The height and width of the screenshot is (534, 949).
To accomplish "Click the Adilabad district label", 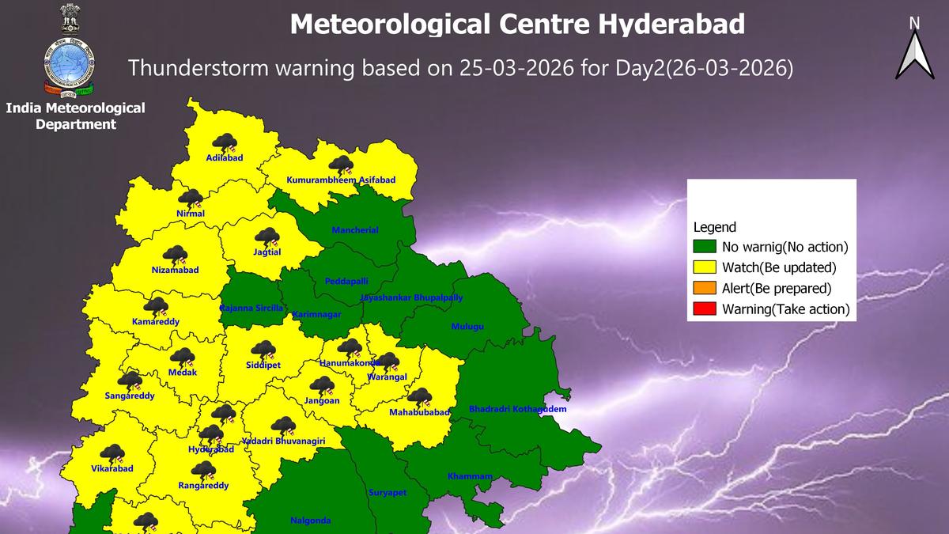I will [x=224, y=157].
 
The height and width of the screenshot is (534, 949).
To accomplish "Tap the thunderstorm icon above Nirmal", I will [x=190, y=199].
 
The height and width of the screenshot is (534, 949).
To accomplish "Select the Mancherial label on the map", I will [x=355, y=230].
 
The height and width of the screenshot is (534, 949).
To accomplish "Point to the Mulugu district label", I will [x=467, y=326].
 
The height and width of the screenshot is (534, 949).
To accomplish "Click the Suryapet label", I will [x=388, y=493].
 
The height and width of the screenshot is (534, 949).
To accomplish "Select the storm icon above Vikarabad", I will [x=112, y=453].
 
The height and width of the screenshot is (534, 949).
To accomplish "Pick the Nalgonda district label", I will [x=311, y=521].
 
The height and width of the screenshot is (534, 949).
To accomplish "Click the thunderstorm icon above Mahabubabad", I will [x=418, y=397].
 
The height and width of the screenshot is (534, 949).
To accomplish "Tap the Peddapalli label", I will [x=346, y=282].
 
